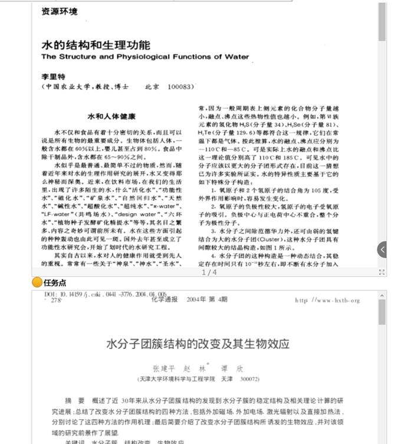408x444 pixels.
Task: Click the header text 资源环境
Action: [x=60, y=11]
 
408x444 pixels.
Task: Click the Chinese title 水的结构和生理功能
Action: [x=96, y=45]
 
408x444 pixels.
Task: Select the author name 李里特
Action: [x=52, y=77]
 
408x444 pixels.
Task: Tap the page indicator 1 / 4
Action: [x=209, y=272]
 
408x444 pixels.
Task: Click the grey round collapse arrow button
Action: [x=382, y=249]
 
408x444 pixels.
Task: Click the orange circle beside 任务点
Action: [x=37, y=283]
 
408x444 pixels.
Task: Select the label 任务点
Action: [x=55, y=283]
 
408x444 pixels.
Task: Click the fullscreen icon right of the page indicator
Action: [x=381, y=272]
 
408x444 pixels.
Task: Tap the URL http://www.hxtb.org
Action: [x=327, y=301]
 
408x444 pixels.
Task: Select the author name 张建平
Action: [x=161, y=367]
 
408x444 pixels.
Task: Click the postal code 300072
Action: [x=250, y=378]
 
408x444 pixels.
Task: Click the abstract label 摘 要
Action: [x=75, y=400]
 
